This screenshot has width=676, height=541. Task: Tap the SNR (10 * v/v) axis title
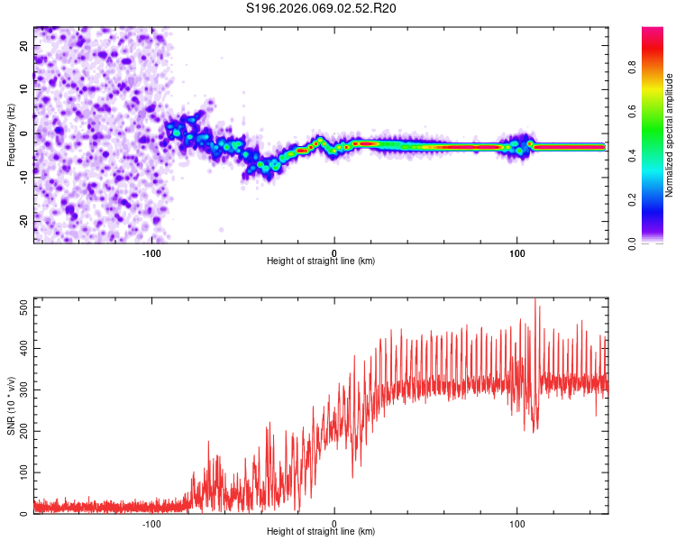11,406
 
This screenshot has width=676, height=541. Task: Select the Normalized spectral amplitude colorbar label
670,135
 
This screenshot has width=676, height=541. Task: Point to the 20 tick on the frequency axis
25,46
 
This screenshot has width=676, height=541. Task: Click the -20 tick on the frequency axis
23,221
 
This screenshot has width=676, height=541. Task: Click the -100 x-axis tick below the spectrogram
151,253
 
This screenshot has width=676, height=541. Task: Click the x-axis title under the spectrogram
321,261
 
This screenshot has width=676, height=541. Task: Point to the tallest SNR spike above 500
535,300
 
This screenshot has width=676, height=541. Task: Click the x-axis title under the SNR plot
321,532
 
